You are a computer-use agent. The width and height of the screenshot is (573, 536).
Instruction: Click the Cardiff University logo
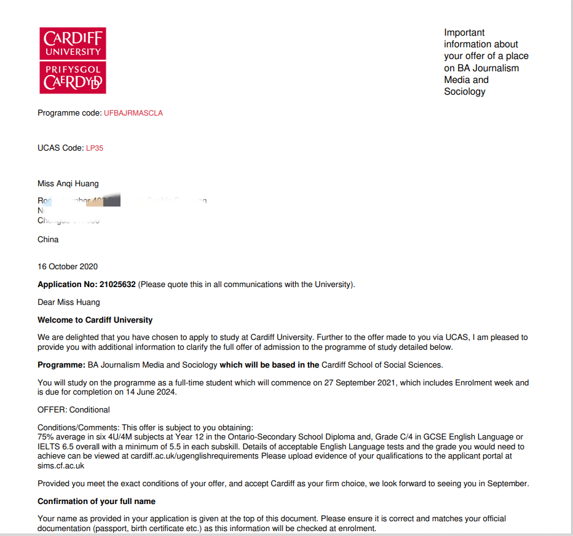click(73, 60)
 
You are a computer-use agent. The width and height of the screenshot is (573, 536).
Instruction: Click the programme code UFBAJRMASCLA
click(133, 113)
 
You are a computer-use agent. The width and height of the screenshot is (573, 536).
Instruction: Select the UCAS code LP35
click(95, 148)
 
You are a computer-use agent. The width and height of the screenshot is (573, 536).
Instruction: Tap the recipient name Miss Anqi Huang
click(68, 183)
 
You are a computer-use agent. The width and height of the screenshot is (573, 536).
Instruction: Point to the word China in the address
click(48, 239)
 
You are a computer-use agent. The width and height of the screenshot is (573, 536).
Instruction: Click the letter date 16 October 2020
click(68, 266)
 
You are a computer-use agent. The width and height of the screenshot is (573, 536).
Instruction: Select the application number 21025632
click(117, 285)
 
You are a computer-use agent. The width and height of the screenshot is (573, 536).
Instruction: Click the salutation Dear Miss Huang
click(68, 302)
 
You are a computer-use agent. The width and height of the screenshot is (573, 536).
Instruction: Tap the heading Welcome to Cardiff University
click(95, 320)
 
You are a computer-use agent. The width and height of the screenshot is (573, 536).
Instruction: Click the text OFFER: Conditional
click(74, 409)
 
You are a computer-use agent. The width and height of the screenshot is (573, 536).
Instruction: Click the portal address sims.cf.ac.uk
click(61, 465)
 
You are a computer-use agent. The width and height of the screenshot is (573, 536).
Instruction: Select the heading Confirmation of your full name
click(97, 501)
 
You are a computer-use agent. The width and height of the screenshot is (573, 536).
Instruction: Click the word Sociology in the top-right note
click(465, 92)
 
